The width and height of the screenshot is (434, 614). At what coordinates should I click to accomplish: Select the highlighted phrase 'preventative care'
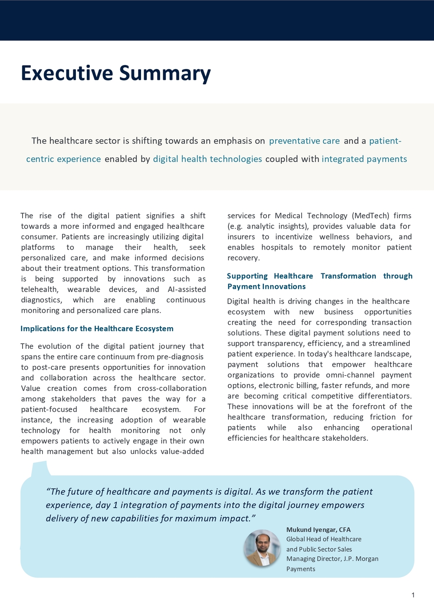[x=304, y=141]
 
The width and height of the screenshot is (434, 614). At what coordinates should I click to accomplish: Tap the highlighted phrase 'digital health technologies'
[x=207, y=159]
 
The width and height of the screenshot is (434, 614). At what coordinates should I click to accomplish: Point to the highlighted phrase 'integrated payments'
[x=364, y=159]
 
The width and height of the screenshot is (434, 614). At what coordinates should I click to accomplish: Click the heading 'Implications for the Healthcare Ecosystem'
[x=97, y=329]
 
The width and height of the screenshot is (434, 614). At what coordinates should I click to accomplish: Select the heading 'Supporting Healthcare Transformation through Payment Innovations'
[x=319, y=281]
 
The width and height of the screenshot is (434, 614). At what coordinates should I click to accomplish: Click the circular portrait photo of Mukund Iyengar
[x=262, y=548]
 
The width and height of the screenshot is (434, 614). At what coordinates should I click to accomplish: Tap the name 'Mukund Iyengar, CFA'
[x=318, y=530]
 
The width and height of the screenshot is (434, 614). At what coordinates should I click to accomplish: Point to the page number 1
[x=413, y=595]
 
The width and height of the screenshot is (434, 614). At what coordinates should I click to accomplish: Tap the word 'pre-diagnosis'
[x=179, y=357]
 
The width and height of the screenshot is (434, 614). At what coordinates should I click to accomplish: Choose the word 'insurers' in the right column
[x=241, y=237]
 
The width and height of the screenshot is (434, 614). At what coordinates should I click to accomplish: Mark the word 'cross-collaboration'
[x=172, y=388]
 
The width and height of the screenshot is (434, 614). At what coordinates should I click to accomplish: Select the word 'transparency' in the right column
[x=280, y=344]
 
